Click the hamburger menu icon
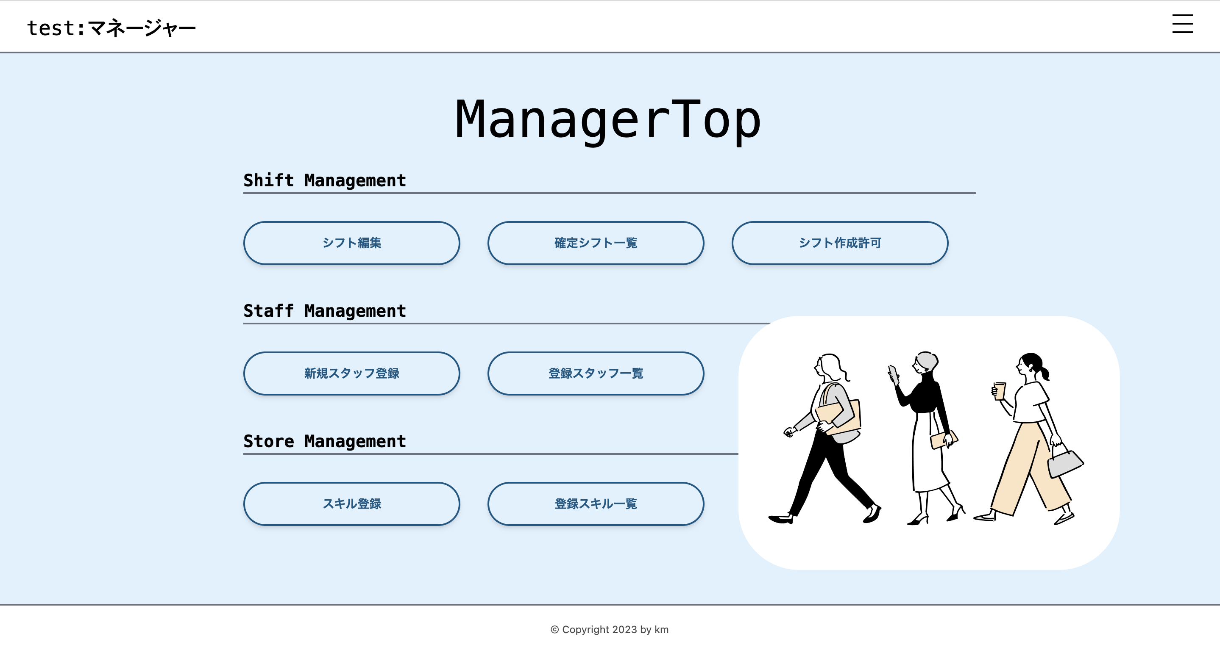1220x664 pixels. (1182, 24)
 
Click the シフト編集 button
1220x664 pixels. (351, 243)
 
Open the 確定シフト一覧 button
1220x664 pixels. (595, 243)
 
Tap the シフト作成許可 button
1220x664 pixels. (840, 243)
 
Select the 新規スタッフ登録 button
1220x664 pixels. (351, 373)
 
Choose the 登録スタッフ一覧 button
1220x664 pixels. (595, 373)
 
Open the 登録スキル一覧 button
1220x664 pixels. (595, 504)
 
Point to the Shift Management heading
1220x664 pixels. (325, 180)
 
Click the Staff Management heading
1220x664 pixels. (325, 311)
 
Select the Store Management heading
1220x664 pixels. (325, 441)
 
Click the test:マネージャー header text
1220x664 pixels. (111, 28)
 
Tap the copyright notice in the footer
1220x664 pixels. (610, 629)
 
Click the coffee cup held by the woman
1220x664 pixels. (999, 391)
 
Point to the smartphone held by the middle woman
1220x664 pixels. (893, 374)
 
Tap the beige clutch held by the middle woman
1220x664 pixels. (942, 440)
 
